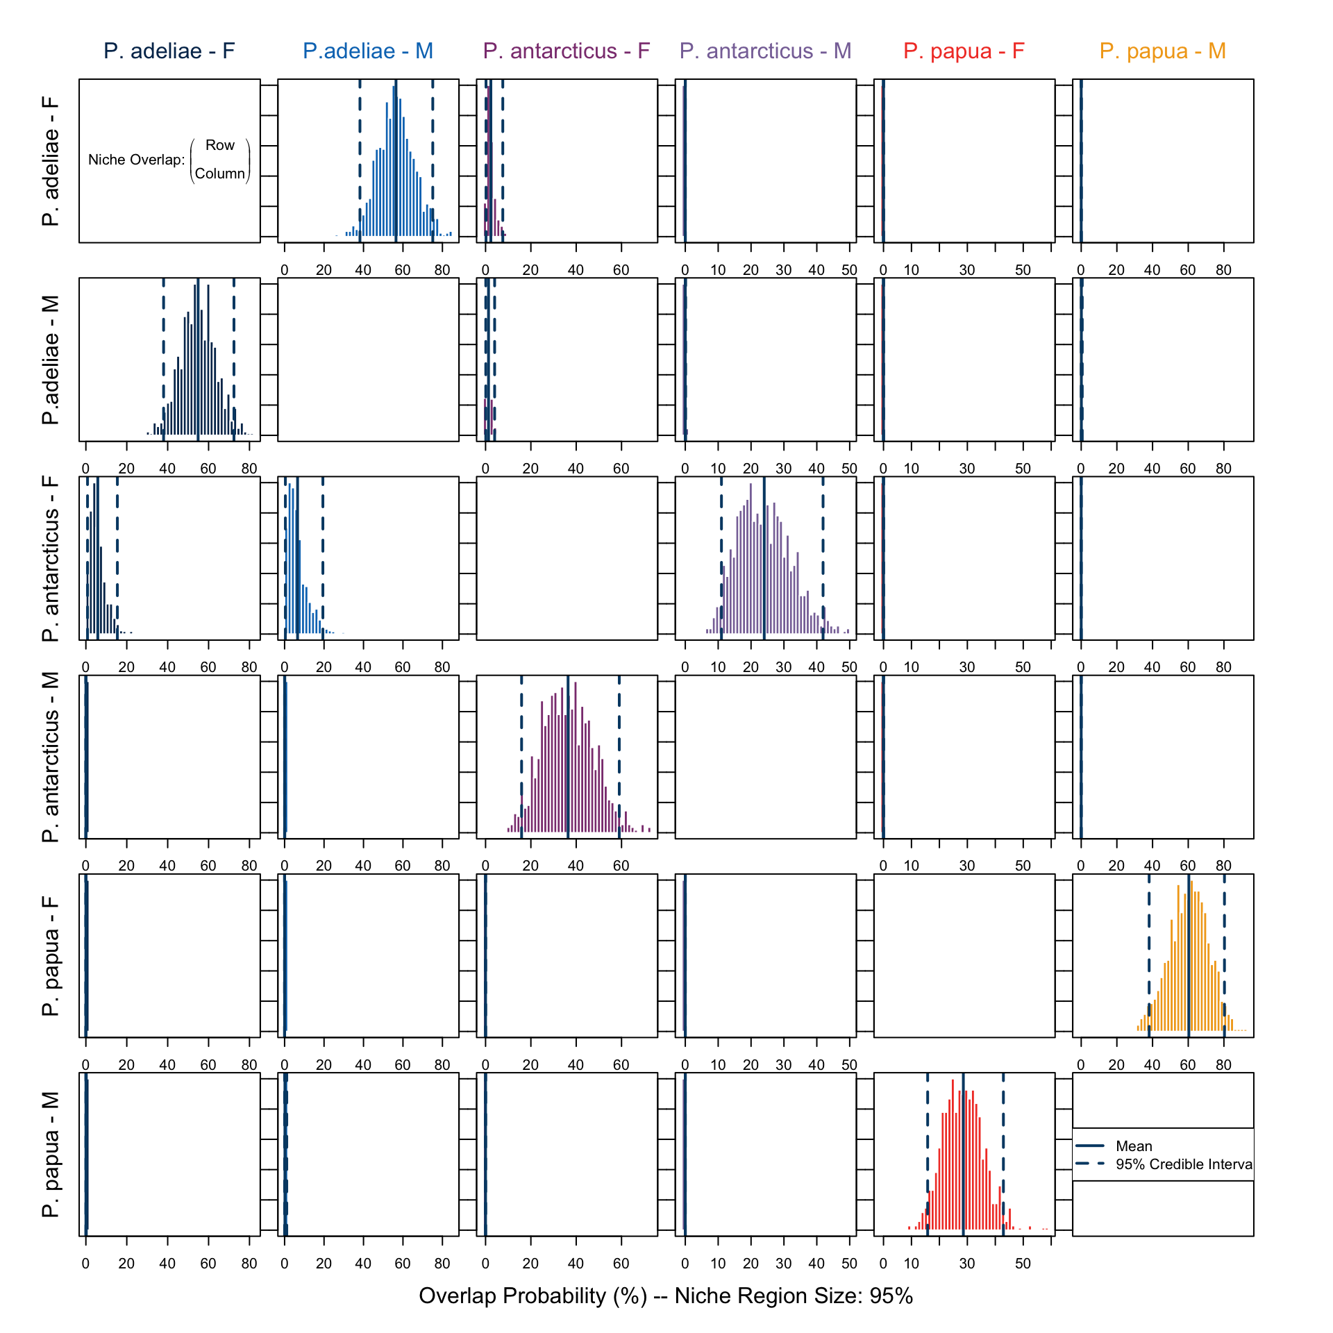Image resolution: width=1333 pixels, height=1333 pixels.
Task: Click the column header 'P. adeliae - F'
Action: click(169, 51)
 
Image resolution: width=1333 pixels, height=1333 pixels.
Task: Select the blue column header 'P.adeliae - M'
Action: click(368, 51)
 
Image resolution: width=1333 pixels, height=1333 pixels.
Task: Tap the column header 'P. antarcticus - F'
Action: click(567, 51)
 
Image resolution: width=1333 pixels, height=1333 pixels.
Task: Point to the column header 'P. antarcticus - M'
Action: click(765, 51)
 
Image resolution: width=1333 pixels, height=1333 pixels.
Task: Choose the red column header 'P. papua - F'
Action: click(964, 51)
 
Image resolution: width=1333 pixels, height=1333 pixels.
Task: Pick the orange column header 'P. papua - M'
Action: click(1163, 51)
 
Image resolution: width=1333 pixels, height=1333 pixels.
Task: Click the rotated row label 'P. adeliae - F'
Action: click(51, 161)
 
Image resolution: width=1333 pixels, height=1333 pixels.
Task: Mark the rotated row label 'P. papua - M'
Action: click(51, 1155)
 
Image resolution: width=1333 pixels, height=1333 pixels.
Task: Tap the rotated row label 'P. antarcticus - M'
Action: click(51, 757)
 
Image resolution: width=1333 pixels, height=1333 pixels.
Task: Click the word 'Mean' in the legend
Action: click(1134, 1146)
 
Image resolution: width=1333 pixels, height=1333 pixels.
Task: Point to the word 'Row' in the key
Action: click(220, 145)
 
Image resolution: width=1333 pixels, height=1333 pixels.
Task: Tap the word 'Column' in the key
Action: click(220, 174)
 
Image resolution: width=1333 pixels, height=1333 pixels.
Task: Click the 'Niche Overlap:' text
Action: click(137, 160)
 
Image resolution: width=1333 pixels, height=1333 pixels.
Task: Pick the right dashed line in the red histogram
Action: click(1003, 1152)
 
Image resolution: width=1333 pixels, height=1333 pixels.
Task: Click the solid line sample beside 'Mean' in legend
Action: click(1090, 1146)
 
